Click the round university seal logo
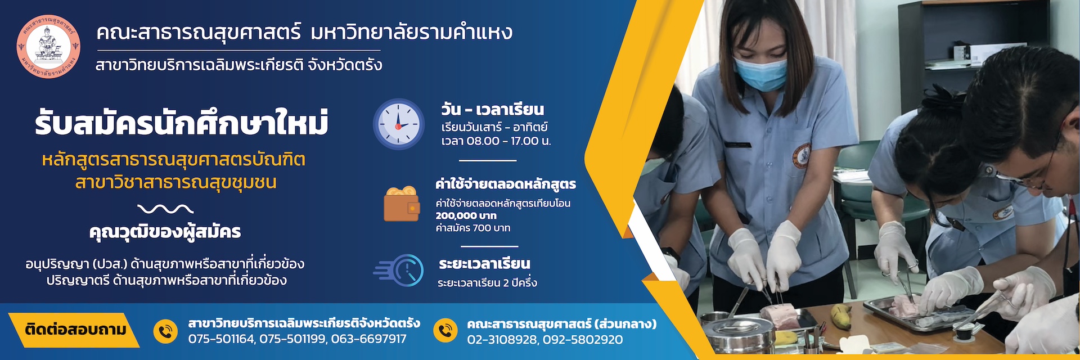[x=48, y=47]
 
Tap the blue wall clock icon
[x=399, y=124]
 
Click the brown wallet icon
[x=402, y=204]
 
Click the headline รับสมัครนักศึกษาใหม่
[x=182, y=123]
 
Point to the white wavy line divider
[x=165, y=209]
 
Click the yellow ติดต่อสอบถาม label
[x=75, y=330]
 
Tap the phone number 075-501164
[x=221, y=339]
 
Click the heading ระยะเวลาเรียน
[x=484, y=264]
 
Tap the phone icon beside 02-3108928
[x=445, y=331]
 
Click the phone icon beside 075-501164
[x=165, y=331]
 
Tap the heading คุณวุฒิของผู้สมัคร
[x=165, y=232]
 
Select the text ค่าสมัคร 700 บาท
[x=473, y=228]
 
